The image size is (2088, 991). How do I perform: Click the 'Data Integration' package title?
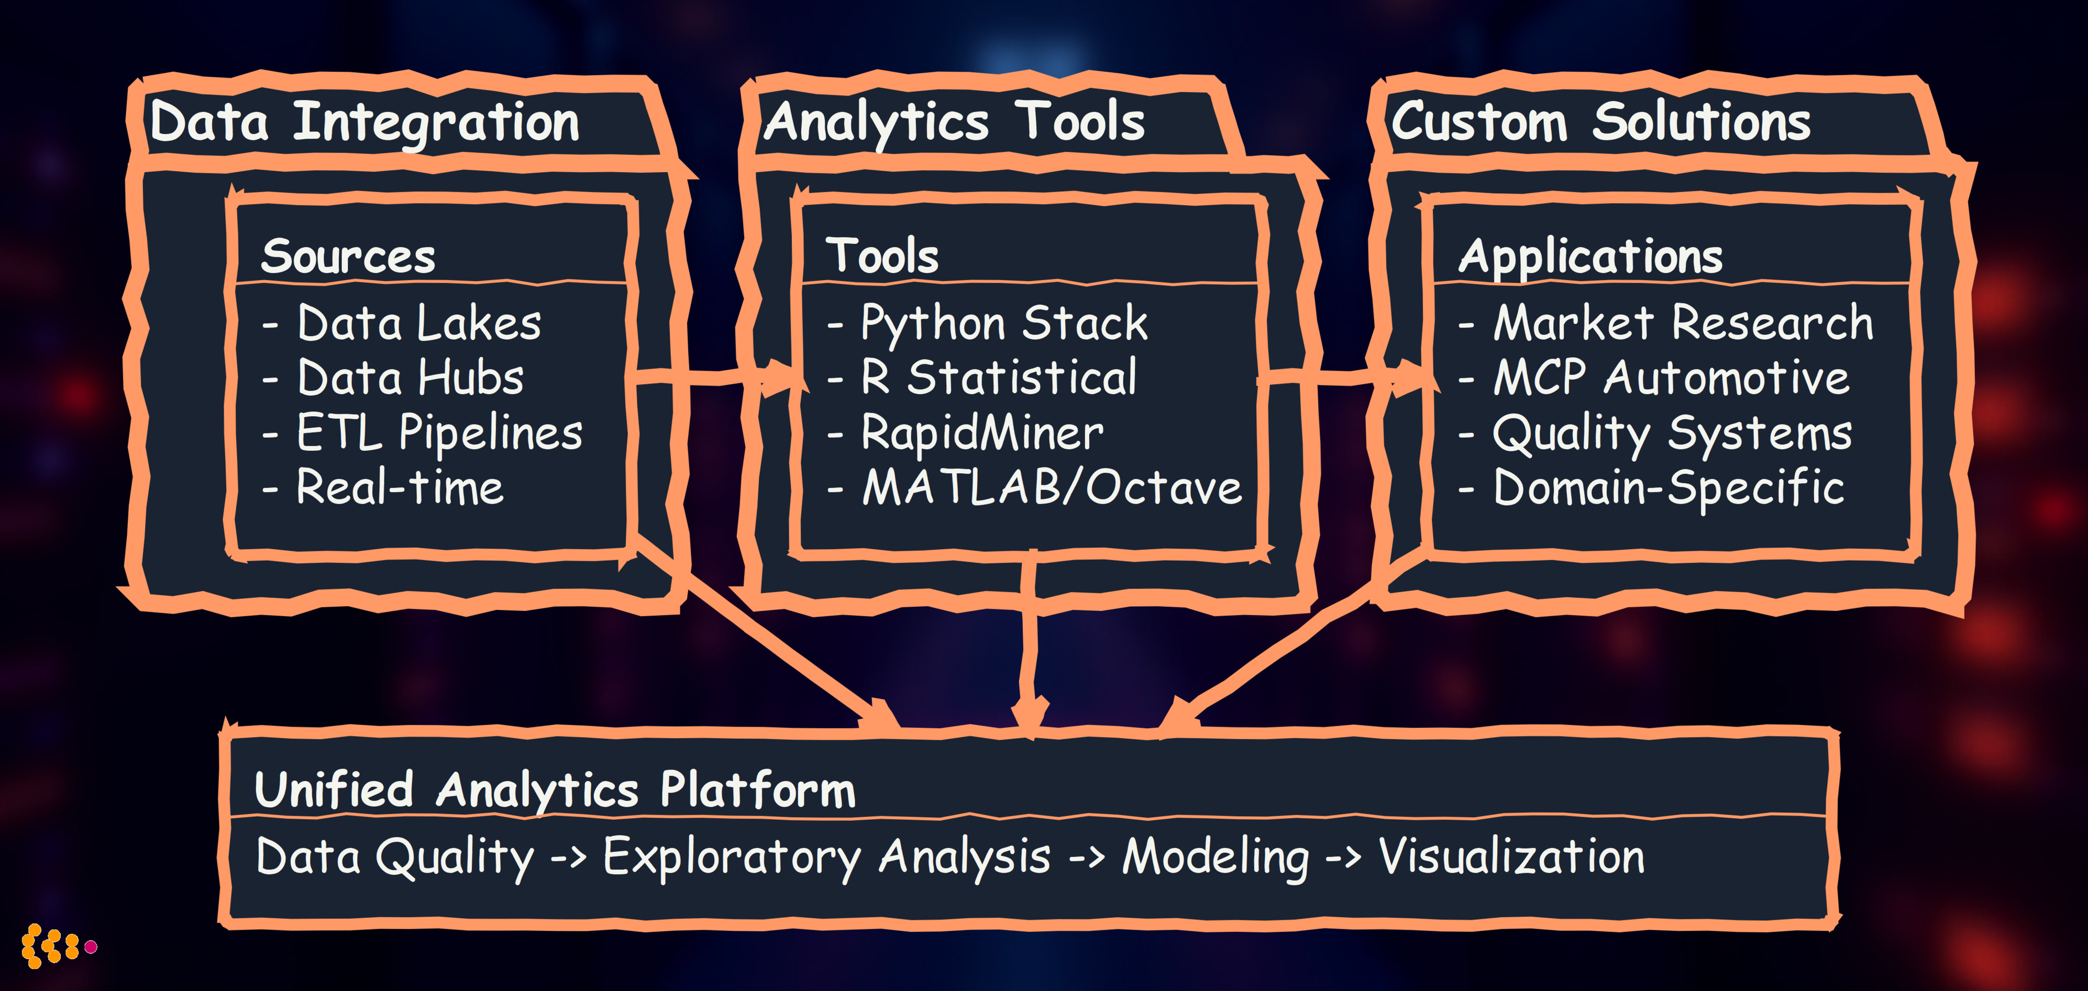(x=364, y=123)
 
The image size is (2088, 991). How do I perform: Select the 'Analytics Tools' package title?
(x=954, y=123)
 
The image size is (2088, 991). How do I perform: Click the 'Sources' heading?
(x=349, y=257)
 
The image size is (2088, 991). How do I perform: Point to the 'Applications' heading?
(x=1590, y=257)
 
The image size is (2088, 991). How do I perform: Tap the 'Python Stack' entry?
(x=1003, y=324)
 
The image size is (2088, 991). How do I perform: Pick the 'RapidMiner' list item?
(x=981, y=433)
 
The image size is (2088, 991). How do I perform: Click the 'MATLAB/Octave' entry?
(x=1051, y=488)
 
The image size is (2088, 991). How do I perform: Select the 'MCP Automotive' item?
(x=1671, y=378)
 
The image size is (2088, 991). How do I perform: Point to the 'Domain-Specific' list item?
(x=1668, y=488)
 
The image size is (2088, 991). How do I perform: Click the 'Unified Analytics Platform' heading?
(x=555, y=790)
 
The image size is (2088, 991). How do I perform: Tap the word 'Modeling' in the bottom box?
(x=1215, y=858)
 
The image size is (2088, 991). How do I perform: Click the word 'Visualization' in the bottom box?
(x=1512, y=858)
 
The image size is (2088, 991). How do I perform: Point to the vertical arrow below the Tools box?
(x=1030, y=640)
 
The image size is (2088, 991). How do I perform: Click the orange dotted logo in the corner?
(x=57, y=945)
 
